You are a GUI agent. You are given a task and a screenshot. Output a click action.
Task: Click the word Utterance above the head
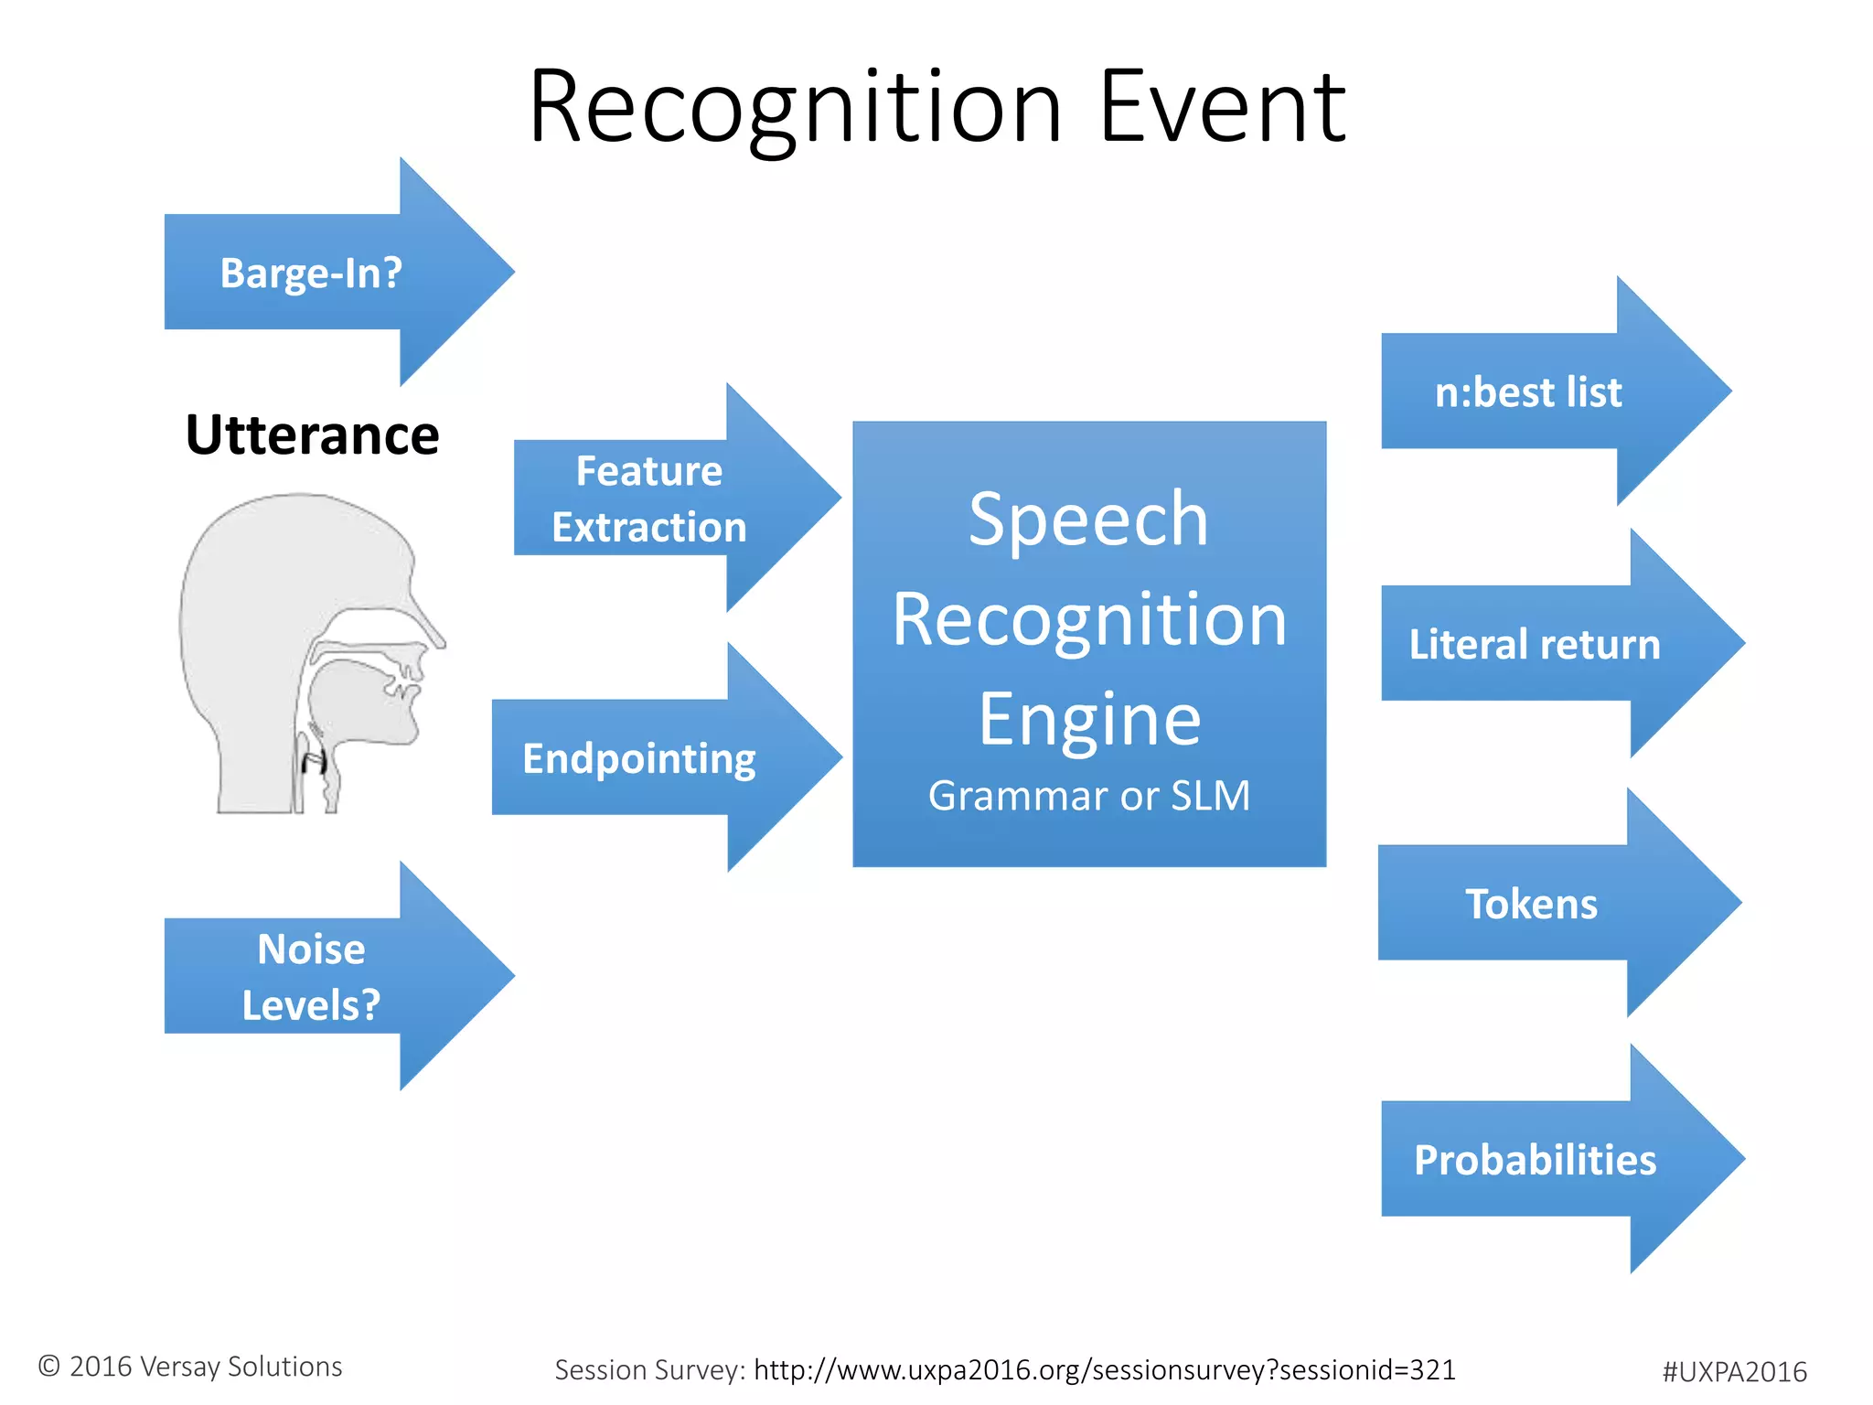click(x=312, y=435)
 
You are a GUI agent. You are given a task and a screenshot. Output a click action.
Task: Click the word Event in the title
click(x=1223, y=108)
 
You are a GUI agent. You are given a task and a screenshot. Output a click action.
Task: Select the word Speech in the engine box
click(x=1088, y=520)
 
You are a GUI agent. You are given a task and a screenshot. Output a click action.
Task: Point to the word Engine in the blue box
click(x=1088, y=720)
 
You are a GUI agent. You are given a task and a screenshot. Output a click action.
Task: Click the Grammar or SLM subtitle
click(x=1088, y=796)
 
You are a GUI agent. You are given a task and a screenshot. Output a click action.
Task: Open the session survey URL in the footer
click(x=1104, y=1370)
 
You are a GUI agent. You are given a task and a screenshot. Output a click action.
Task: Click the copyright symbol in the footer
click(x=49, y=1367)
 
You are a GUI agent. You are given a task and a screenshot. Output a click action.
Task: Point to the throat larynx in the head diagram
click(x=314, y=759)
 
